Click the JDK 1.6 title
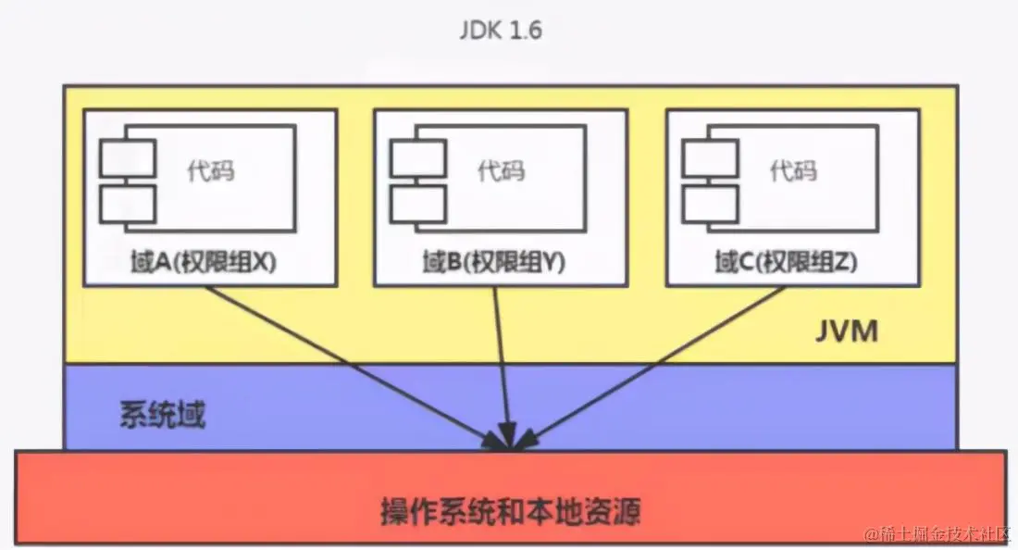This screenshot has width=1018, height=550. pos(501,30)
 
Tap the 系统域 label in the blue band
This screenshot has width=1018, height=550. pos(162,415)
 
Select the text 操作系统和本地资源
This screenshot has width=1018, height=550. pos(511,510)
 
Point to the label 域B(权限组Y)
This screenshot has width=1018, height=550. pos(493,263)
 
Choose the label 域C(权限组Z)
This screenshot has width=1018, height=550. pos(787,263)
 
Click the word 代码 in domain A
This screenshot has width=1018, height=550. pos(211,170)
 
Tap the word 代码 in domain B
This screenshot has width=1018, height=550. pos(501,170)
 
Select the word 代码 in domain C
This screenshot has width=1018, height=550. pos(794,170)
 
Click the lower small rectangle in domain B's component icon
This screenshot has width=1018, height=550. pos(418,203)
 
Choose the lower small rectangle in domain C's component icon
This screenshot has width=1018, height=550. pos(710,203)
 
